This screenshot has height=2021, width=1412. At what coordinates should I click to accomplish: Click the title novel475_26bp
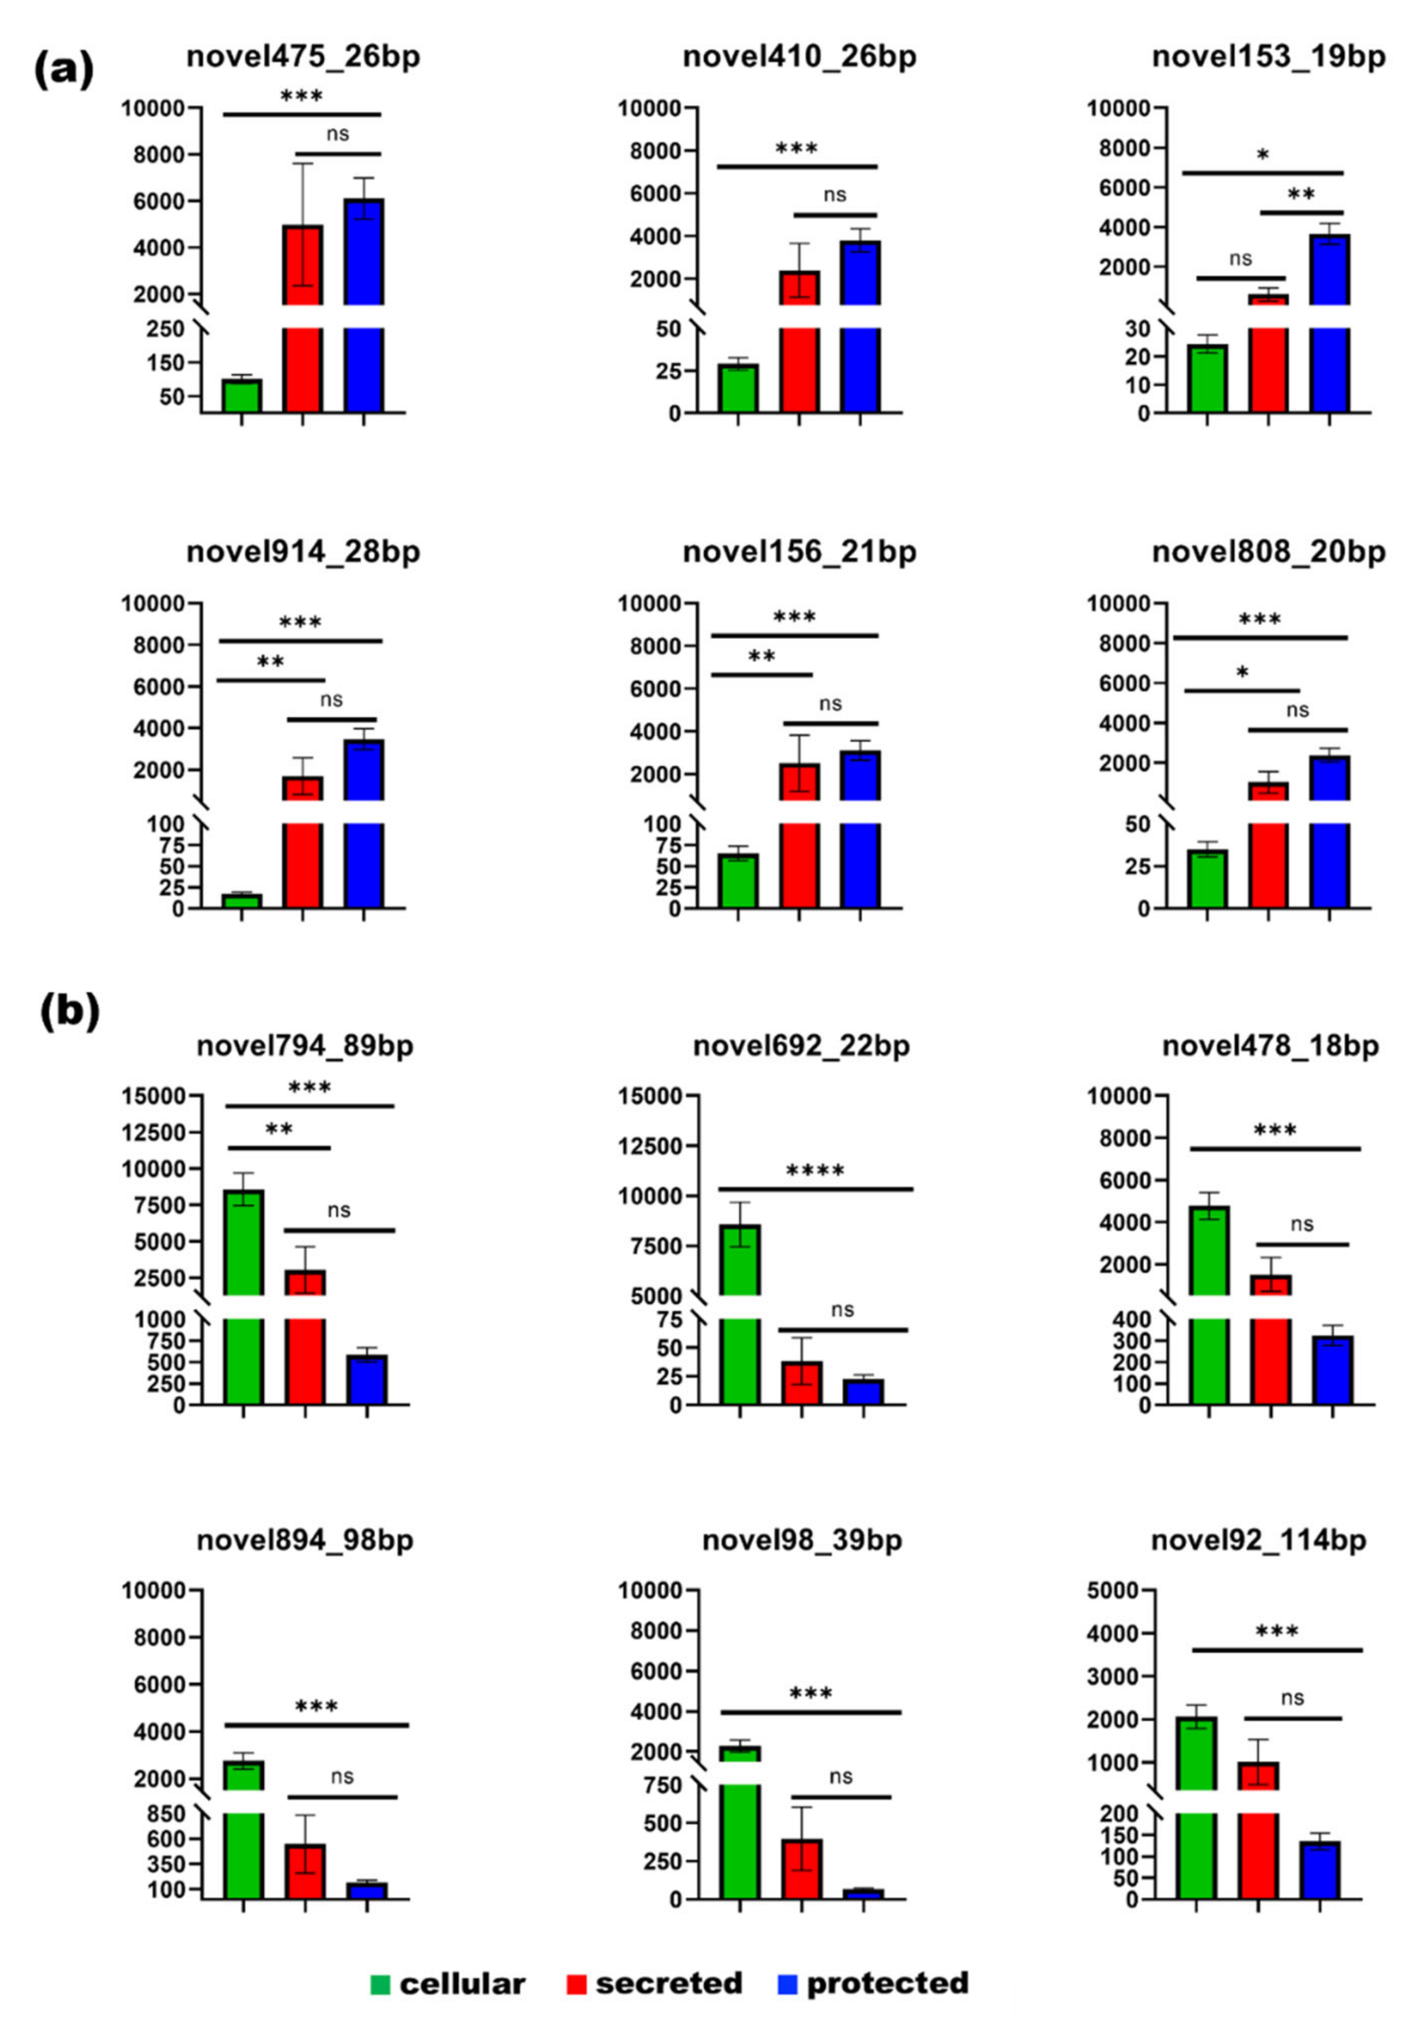[303, 56]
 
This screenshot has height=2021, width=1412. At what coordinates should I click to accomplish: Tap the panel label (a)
[63, 70]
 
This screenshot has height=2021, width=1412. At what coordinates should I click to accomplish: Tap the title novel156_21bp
[799, 552]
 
